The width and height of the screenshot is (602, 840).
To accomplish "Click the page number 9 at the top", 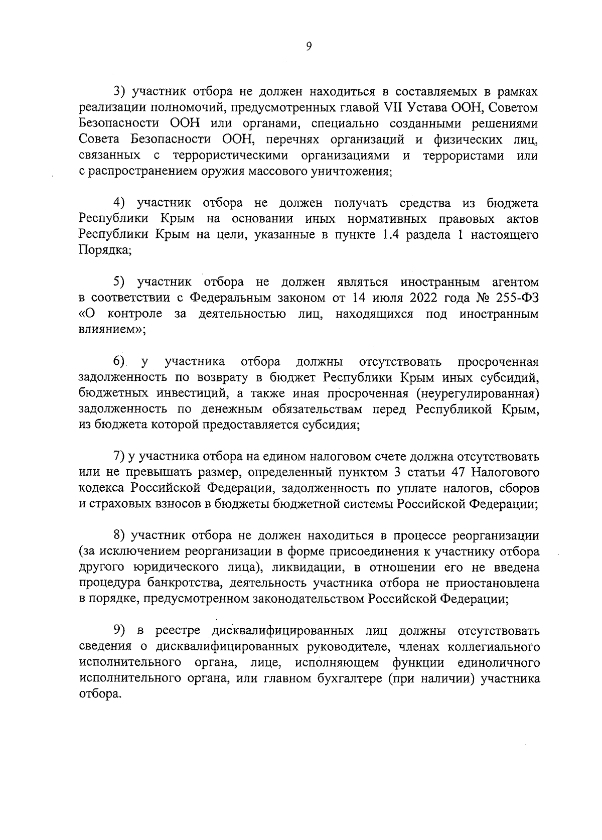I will (309, 46).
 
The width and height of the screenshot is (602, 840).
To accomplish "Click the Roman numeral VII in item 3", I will (394, 108).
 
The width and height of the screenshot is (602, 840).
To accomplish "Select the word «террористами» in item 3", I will (464, 156).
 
